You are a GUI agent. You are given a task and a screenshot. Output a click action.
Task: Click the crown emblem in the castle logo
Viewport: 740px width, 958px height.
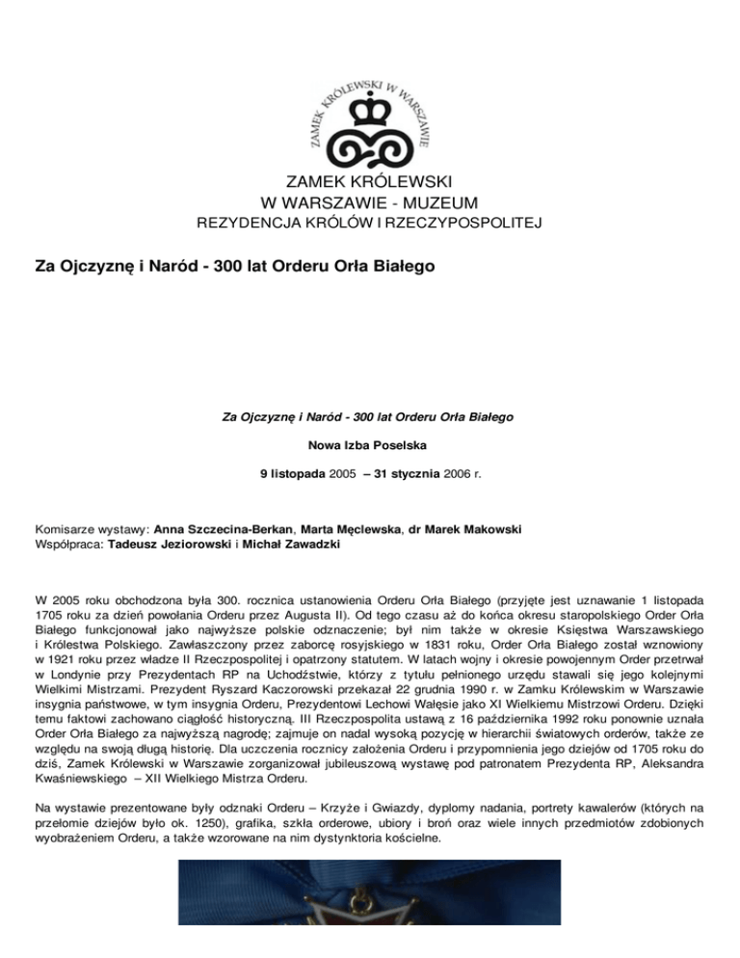pyautogui.click(x=368, y=119)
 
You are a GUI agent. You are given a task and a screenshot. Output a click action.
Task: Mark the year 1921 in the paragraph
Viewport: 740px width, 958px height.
pyautogui.click(x=57, y=661)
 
